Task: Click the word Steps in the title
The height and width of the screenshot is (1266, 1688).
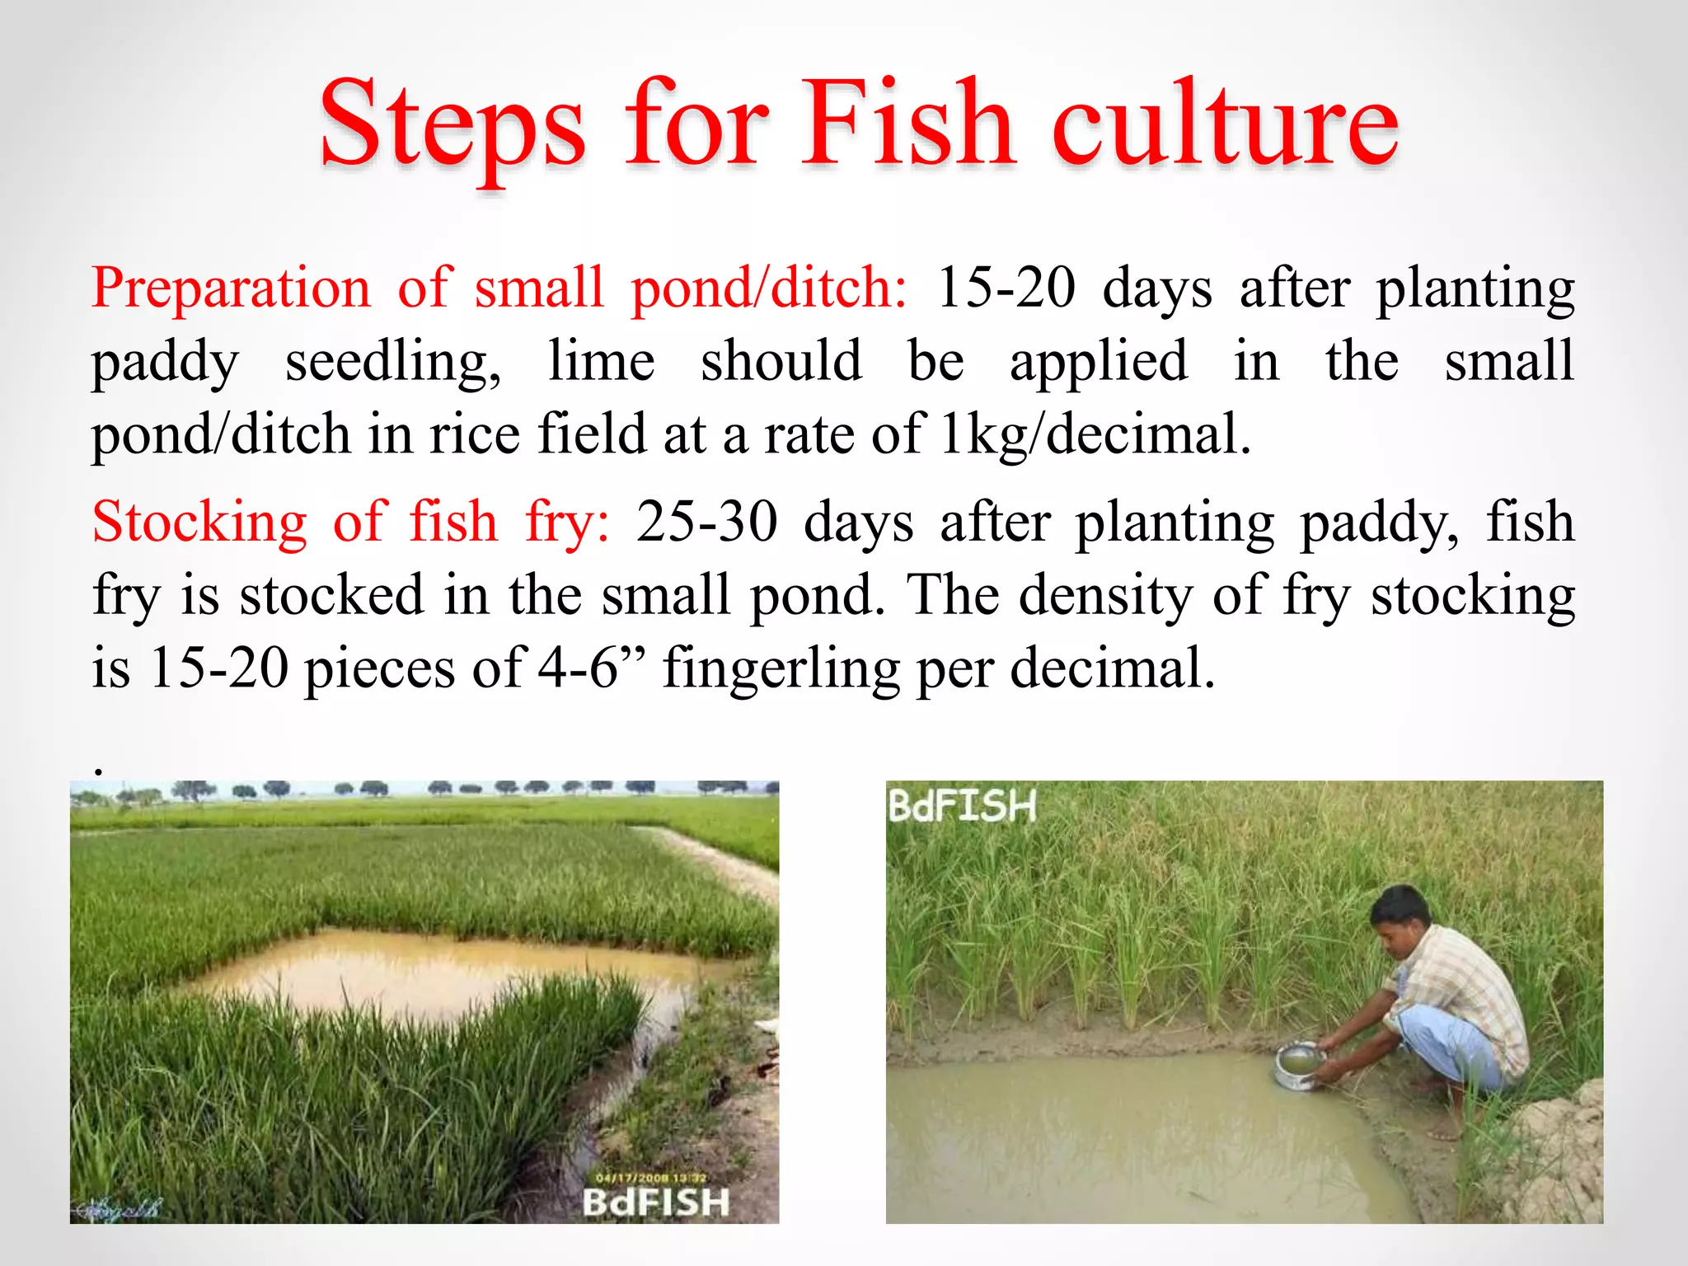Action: pos(452,125)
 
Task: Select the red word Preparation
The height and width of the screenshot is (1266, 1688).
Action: pos(232,288)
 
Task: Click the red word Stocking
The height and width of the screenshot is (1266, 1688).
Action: pos(199,523)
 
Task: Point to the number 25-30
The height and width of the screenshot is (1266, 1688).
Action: pos(706,523)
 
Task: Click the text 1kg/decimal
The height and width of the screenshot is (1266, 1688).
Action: pos(1095,434)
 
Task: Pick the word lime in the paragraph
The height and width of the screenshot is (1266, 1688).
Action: pos(601,361)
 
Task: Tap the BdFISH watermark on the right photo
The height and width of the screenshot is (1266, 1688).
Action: pos(962,806)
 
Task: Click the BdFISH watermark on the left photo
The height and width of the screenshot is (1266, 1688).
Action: pos(656,1203)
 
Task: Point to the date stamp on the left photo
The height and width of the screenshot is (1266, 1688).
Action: pos(650,1178)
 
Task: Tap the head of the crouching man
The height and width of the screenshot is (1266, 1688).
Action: pos(1400,917)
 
